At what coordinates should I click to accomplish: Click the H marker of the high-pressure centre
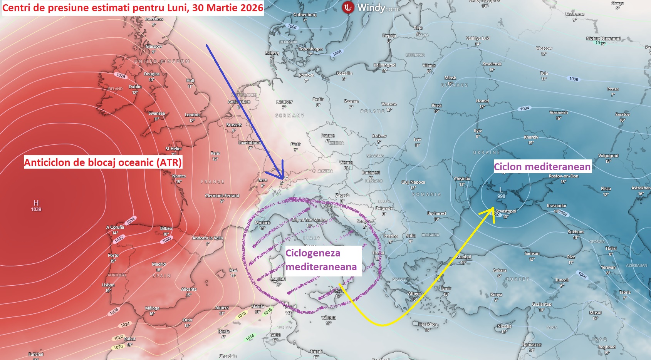pyautogui.click(x=36, y=203)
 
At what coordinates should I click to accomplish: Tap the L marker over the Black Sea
pyautogui.click(x=501, y=190)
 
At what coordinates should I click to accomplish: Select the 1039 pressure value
pyautogui.click(x=36, y=209)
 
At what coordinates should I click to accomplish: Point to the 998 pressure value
pyautogui.click(x=501, y=196)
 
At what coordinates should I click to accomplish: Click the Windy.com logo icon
pyautogui.click(x=348, y=7)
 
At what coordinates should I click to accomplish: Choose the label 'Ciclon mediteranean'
pyautogui.click(x=542, y=167)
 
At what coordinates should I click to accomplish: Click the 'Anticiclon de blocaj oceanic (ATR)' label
pyautogui.click(x=103, y=162)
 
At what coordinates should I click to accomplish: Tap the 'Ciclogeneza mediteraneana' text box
pyautogui.click(x=321, y=260)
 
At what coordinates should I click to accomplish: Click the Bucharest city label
pyautogui.click(x=436, y=213)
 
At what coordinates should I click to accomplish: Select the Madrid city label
pyautogui.click(x=159, y=264)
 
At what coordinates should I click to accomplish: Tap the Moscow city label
pyautogui.click(x=544, y=48)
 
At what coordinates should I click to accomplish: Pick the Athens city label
pyautogui.click(x=414, y=293)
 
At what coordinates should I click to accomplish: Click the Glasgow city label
pyautogui.click(x=154, y=46)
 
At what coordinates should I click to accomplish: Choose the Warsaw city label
pyautogui.click(x=389, y=104)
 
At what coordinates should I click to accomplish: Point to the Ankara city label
pyautogui.click(x=500, y=270)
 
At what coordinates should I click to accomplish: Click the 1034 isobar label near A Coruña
pyautogui.click(x=131, y=220)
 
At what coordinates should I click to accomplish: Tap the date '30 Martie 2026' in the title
pyautogui.click(x=228, y=8)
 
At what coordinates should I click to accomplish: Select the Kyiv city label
pyautogui.click(x=478, y=131)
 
